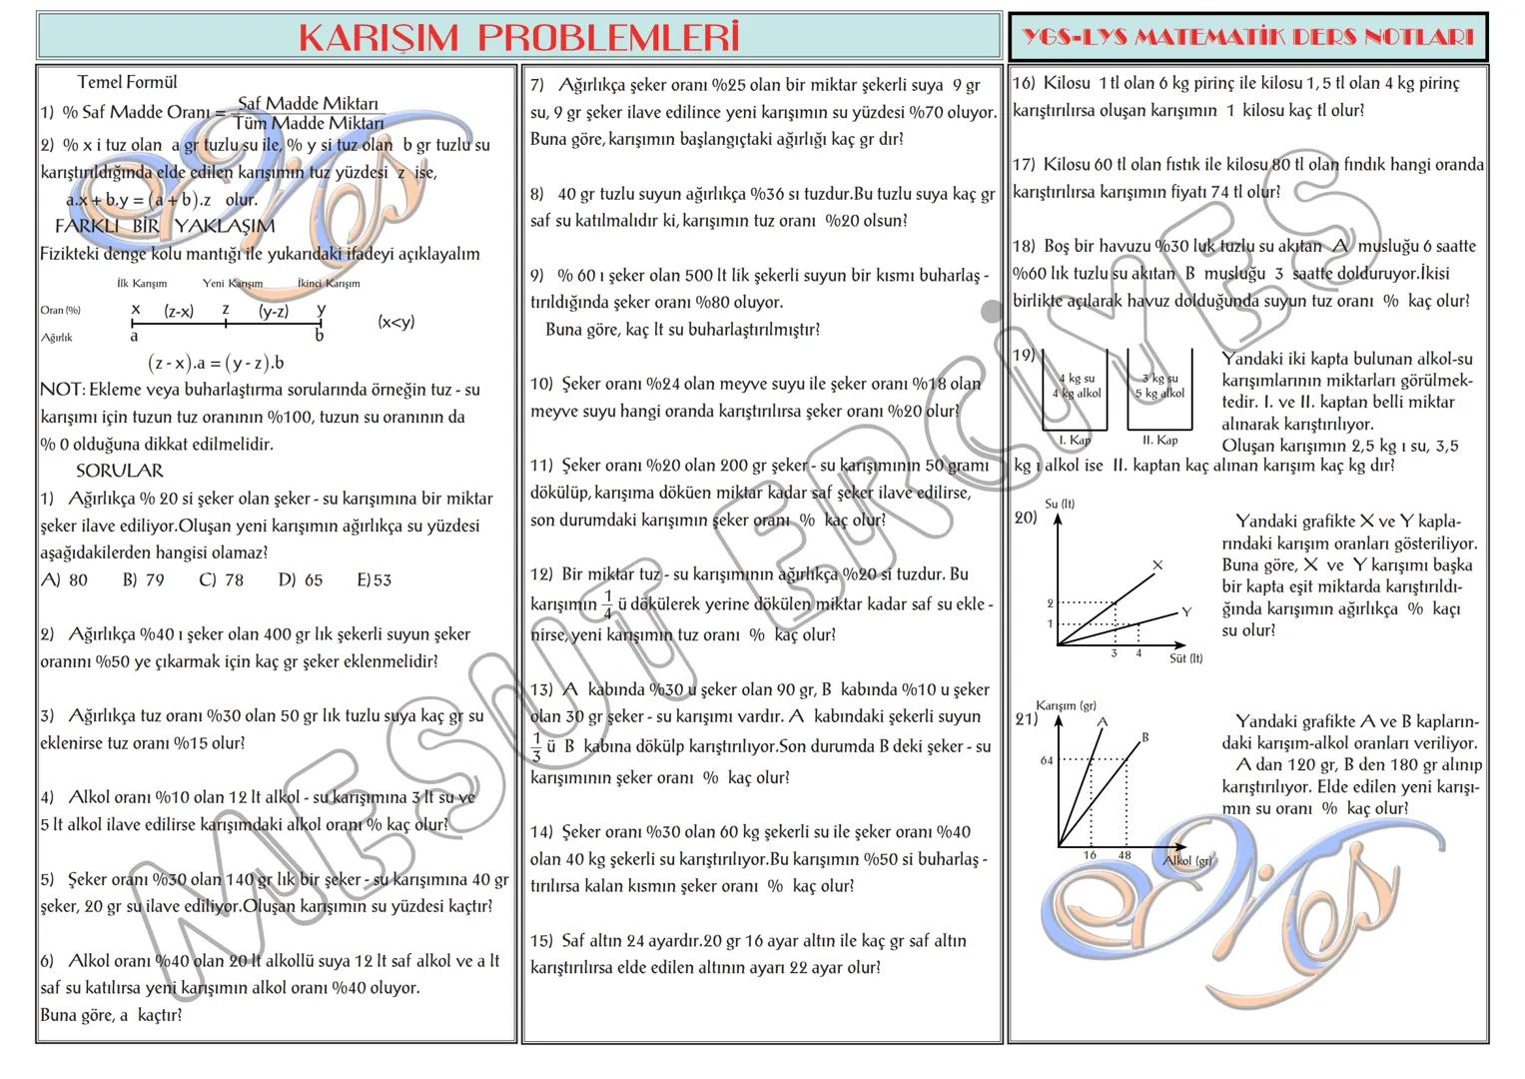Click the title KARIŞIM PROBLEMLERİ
[x=518, y=37]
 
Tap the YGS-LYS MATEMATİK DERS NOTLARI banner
[x=1247, y=38]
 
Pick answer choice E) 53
[x=374, y=580]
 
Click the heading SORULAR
[x=119, y=471]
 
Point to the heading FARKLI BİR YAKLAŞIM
[x=165, y=227]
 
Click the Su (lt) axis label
[x=1059, y=504]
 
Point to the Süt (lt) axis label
[x=1185, y=659]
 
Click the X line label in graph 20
[x=1157, y=565]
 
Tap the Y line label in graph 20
[x=1185, y=611]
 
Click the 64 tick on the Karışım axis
[x=1047, y=761]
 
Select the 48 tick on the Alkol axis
[x=1125, y=855]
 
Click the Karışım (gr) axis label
[x=1066, y=705]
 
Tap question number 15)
[x=542, y=941]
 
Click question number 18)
[x=1024, y=247]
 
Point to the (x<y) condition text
[x=395, y=322]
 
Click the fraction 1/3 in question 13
[x=536, y=747]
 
